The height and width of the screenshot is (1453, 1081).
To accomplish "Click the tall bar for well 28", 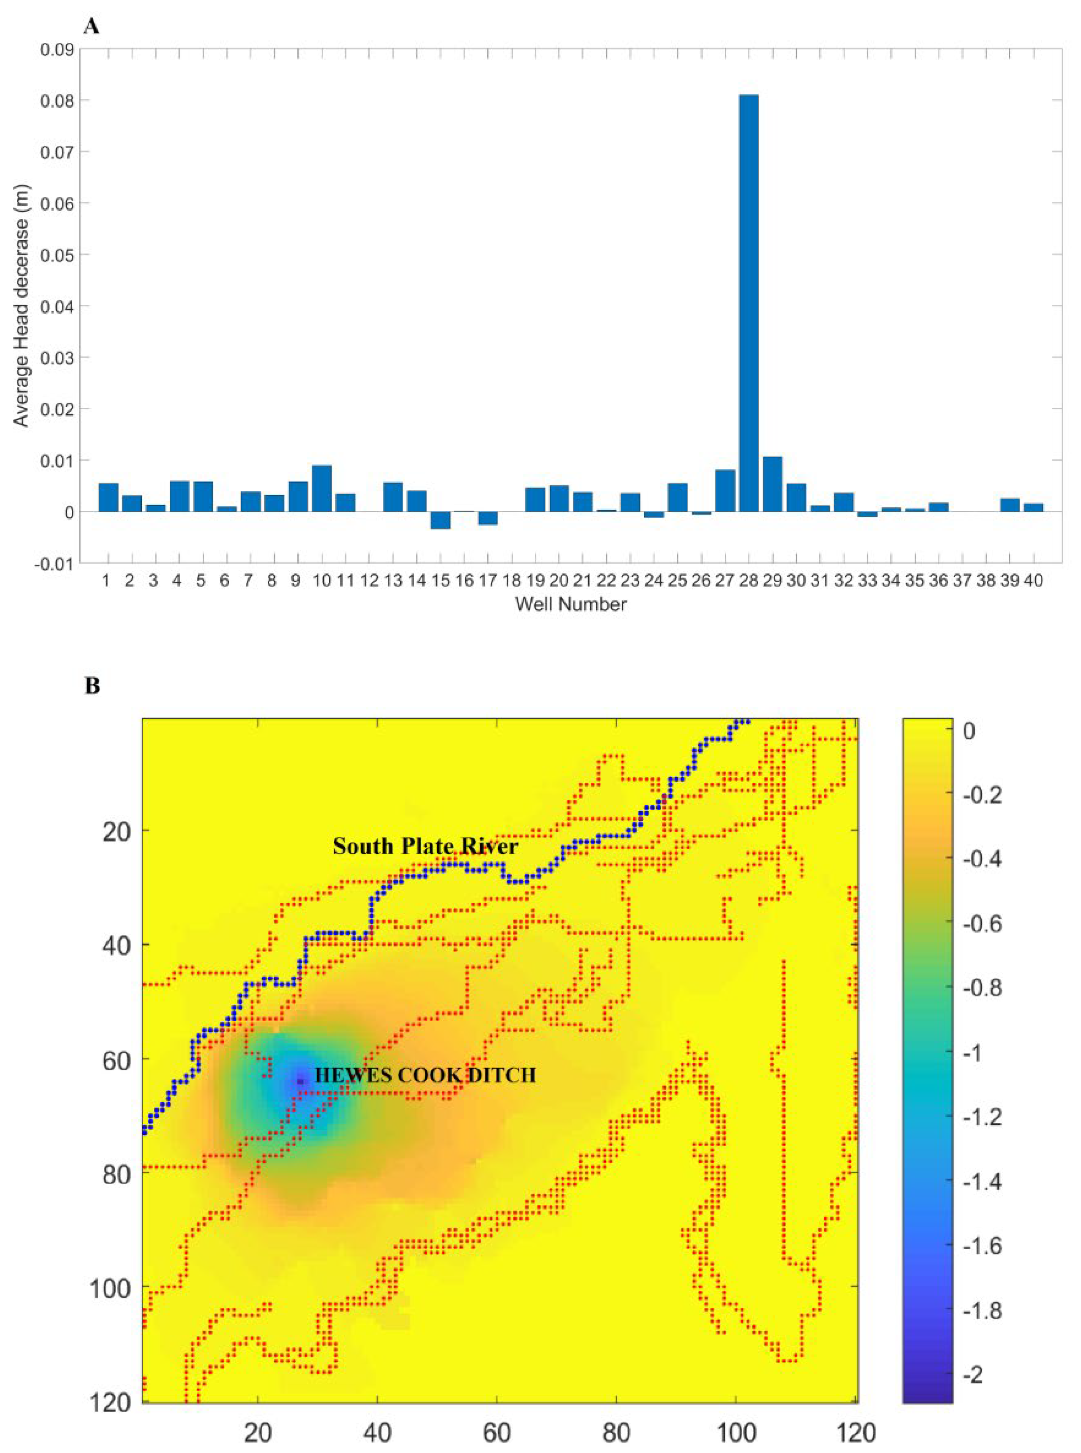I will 749,301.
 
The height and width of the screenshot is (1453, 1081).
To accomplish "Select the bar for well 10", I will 321,488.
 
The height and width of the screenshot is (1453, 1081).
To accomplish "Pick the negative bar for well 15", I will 441,520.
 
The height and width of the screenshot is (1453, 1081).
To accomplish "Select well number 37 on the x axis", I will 962,581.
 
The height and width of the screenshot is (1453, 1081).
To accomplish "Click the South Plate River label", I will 425,846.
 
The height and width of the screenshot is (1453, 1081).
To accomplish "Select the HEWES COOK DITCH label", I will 425,1075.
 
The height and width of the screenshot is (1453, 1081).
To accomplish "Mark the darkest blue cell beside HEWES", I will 300,1081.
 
